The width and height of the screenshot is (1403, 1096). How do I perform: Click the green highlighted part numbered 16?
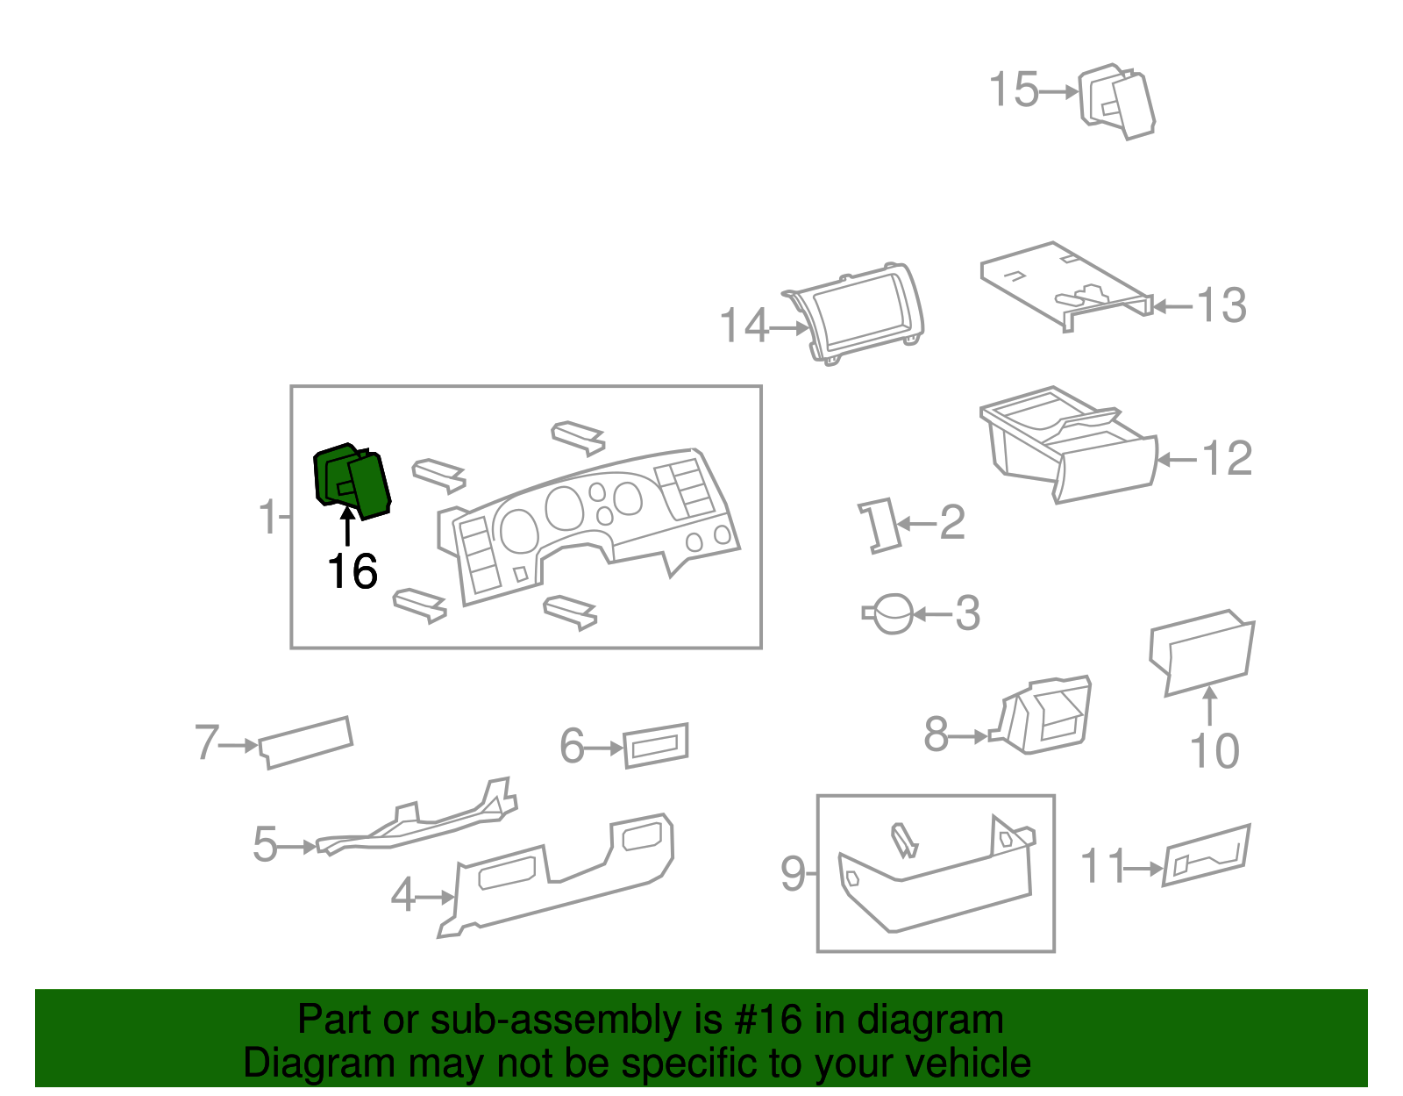(x=353, y=480)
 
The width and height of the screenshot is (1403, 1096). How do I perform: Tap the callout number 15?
(x=1014, y=90)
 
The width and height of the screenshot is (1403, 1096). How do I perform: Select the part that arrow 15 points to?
(x=1116, y=102)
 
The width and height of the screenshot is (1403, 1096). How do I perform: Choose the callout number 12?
(x=1227, y=458)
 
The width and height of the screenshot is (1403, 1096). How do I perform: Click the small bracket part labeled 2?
(x=879, y=526)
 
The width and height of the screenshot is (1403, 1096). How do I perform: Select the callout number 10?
(x=1214, y=750)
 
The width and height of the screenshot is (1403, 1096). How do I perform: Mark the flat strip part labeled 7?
(x=305, y=742)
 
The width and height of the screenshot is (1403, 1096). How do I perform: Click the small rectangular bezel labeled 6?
(x=656, y=745)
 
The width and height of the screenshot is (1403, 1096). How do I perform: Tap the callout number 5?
(x=266, y=843)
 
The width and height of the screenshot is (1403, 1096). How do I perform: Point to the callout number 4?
(x=402, y=894)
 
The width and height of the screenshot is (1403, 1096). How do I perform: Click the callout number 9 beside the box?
(x=793, y=873)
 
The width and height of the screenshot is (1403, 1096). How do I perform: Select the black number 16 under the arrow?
(x=353, y=571)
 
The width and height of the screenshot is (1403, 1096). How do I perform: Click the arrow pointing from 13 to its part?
(x=1173, y=306)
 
